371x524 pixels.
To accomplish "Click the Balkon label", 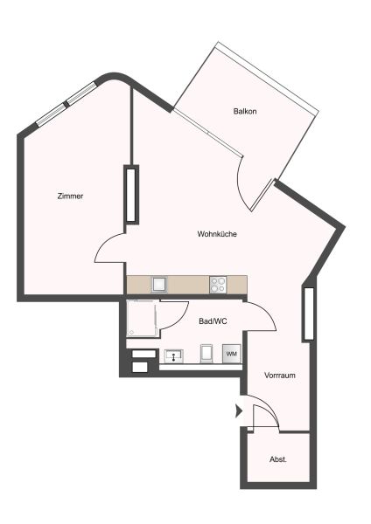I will pyautogui.click(x=245, y=112).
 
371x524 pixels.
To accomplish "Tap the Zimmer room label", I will pyautogui.click(x=69, y=196).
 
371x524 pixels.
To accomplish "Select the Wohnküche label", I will pyautogui.click(x=218, y=234).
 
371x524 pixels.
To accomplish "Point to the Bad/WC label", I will pyautogui.click(x=213, y=321).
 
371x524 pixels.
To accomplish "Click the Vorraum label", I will pyautogui.click(x=280, y=375).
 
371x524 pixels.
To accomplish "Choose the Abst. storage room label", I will pyautogui.click(x=278, y=459).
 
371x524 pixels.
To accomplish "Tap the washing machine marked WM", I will pyautogui.click(x=231, y=353).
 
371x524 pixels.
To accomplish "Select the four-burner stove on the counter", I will pyautogui.click(x=218, y=284).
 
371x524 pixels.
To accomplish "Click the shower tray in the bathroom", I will pyautogui.click(x=142, y=319).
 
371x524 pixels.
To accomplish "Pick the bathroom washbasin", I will pyautogui.click(x=173, y=356).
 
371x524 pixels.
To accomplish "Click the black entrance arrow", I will pyautogui.click(x=238, y=410).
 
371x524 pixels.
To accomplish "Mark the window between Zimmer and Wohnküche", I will pyautogui.click(x=131, y=194).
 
